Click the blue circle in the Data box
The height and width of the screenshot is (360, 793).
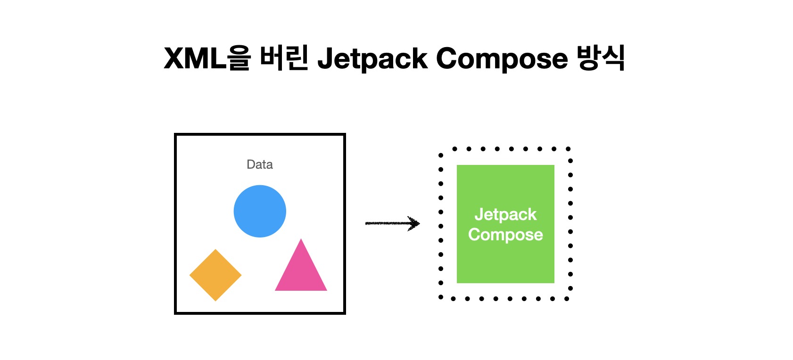260,211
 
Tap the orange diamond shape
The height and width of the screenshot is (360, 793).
215,275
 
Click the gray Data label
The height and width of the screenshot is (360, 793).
260,164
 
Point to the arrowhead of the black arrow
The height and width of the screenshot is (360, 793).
417,223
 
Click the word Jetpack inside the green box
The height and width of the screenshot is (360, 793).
505,214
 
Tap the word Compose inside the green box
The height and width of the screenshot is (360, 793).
505,235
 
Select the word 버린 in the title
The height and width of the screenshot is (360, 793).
284,58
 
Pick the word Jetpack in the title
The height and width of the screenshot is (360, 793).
372,59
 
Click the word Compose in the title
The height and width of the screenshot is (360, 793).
502,59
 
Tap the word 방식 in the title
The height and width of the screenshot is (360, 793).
602,58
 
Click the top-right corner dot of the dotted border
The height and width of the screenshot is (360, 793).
569,149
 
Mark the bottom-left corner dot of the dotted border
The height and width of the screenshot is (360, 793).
440,297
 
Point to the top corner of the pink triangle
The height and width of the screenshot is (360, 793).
301,239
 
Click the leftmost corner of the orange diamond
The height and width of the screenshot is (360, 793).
190,275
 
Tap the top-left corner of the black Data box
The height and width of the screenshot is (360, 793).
175,135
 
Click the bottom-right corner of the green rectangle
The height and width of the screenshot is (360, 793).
553,282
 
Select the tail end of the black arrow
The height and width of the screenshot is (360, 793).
367,223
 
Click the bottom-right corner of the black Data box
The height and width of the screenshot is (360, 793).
344,313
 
